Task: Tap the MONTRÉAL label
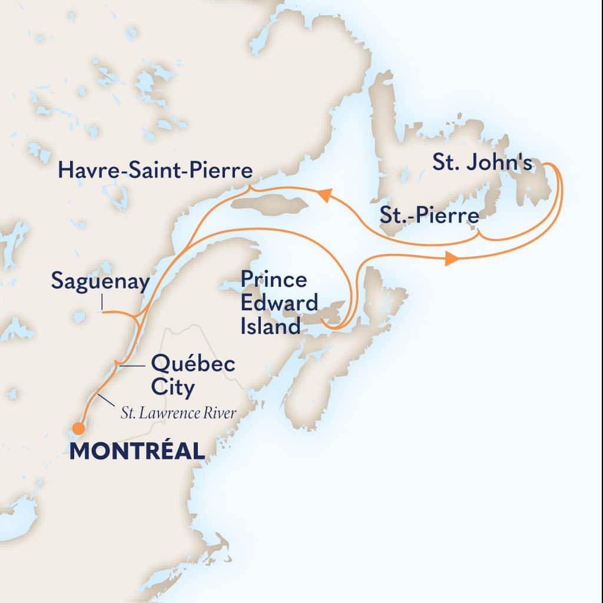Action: pyautogui.click(x=137, y=452)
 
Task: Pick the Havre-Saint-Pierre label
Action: pyautogui.click(x=155, y=172)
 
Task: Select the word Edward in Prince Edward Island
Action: pyautogui.click(x=279, y=303)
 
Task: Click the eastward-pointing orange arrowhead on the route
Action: pyautogui.click(x=450, y=258)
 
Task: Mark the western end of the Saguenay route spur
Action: pyautogui.click(x=102, y=311)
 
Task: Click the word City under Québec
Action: pyautogui.click(x=173, y=388)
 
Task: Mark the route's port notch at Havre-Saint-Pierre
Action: pyautogui.click(x=249, y=188)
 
